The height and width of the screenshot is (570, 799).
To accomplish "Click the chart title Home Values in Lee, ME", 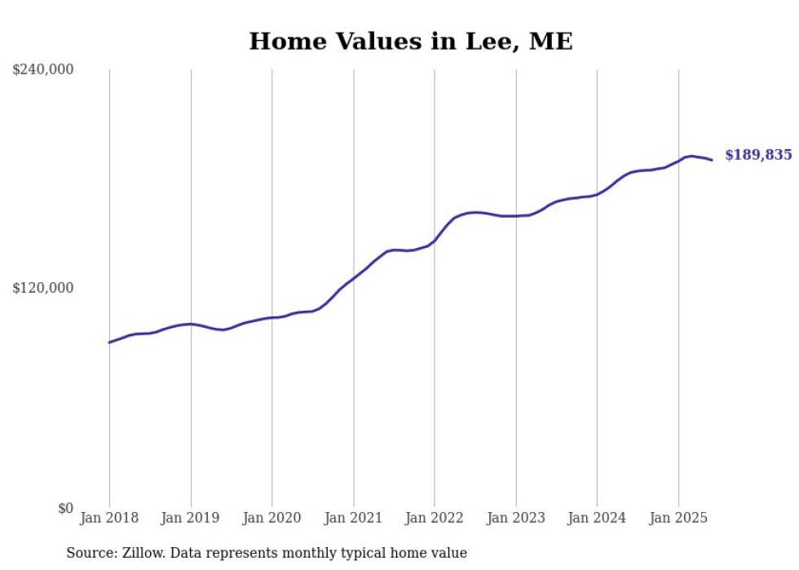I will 410,42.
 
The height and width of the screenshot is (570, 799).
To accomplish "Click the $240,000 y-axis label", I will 43,70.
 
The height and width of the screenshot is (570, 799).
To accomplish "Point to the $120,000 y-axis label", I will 43,288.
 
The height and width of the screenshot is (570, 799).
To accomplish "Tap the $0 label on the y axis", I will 65,508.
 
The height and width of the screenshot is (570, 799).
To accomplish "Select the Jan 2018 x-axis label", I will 109,518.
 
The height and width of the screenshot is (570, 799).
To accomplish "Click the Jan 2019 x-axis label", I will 191,518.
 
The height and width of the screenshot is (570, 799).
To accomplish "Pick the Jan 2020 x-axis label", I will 272,518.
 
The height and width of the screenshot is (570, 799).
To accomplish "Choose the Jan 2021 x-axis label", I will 353,518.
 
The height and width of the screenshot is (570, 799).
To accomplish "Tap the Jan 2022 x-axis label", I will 435,518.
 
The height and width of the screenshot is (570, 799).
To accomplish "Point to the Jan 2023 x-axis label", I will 516,518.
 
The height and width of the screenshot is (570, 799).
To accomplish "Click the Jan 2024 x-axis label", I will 597,518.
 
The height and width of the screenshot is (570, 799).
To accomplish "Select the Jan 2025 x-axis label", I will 678,518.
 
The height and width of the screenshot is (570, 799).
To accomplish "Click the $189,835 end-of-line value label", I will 757,155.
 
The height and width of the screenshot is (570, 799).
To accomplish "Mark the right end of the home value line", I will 712,160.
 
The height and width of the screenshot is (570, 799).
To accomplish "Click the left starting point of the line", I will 109,342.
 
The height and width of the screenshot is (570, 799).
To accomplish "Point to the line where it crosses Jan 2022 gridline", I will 435,241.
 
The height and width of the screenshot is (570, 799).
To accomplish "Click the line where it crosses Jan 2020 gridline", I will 272,317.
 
